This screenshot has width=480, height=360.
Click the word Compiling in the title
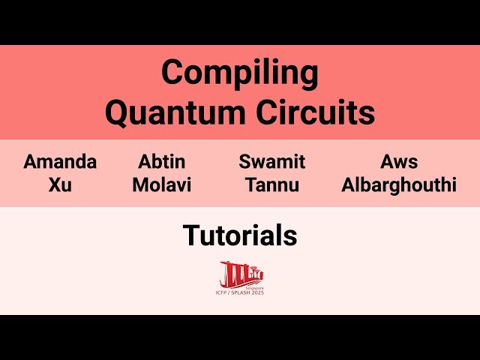pyautogui.click(x=240, y=74)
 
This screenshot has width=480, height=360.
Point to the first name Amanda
pyautogui.click(x=60, y=161)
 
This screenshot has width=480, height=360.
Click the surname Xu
pyautogui.click(x=60, y=184)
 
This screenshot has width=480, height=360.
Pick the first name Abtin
pyautogui.click(x=161, y=161)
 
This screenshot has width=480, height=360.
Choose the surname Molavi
pyautogui.click(x=161, y=184)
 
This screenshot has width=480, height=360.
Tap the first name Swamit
pyautogui.click(x=271, y=161)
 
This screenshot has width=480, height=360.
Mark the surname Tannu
pyautogui.click(x=271, y=184)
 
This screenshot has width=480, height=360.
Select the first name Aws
pyautogui.click(x=398, y=161)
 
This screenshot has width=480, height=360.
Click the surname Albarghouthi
pyautogui.click(x=398, y=184)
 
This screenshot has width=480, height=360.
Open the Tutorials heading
pyautogui.click(x=240, y=235)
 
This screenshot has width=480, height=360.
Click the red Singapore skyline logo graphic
pyautogui.click(x=241, y=272)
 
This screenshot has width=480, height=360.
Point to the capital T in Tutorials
pyautogui.click(x=190, y=235)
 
